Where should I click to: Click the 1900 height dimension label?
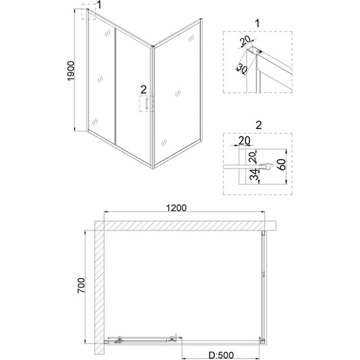[x=71, y=71]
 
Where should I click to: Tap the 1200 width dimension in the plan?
[x=176, y=208]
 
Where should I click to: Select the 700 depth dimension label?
[x=81, y=285]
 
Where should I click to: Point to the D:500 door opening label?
[x=221, y=355]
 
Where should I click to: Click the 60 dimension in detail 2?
[x=282, y=164]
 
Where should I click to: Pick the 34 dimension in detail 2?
[x=254, y=174]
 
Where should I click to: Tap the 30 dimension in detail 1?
[x=242, y=68]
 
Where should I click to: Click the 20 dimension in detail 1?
[x=246, y=40]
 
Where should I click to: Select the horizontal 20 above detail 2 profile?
[x=244, y=140]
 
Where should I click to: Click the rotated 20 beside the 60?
[x=253, y=157]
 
